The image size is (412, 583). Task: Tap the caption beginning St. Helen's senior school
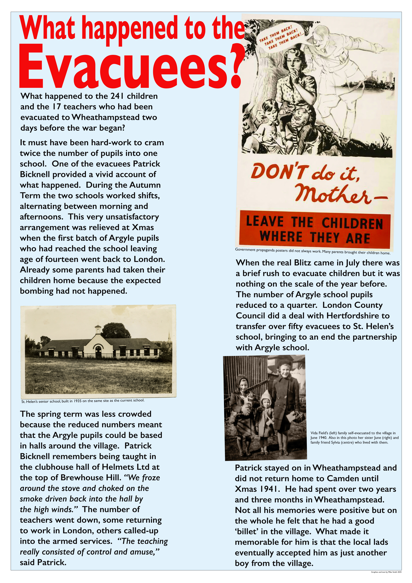click(x=83, y=401)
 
